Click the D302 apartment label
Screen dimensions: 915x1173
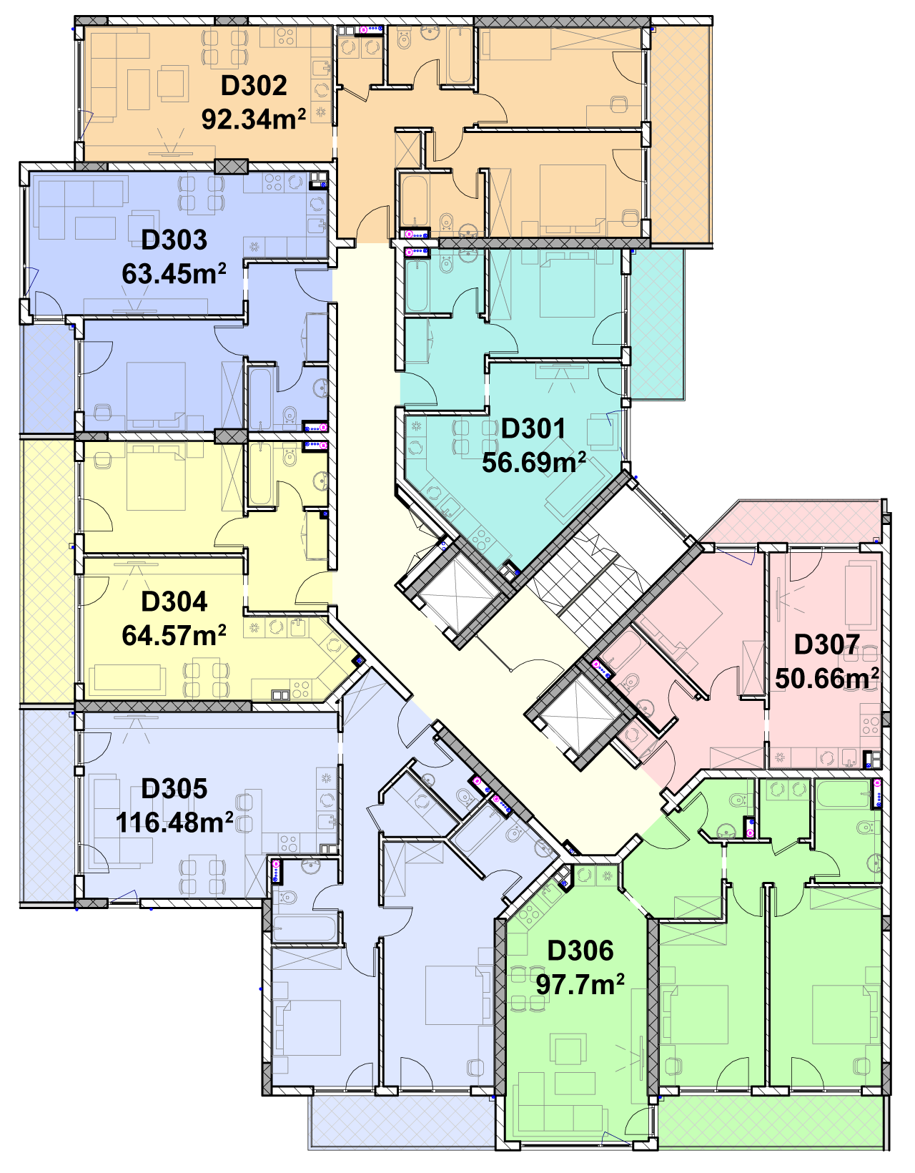(254, 86)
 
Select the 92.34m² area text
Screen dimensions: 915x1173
(254, 118)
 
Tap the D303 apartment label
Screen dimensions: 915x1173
(174, 240)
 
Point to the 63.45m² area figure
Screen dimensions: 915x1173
(174, 273)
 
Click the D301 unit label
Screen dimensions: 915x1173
(533, 428)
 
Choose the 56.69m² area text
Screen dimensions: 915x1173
(533, 462)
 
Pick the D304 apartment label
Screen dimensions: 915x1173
(174, 602)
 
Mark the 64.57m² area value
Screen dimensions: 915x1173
(174, 635)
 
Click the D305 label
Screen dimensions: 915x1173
(174, 789)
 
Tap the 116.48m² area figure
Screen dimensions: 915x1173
(174, 822)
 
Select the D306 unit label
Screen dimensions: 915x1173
(580, 951)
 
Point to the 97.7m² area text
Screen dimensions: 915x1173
(580, 984)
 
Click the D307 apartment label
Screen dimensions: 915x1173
(826, 644)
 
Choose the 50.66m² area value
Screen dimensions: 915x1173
(827, 678)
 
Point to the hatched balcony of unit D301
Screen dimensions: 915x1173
(656, 324)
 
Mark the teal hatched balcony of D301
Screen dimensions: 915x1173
(656, 324)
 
